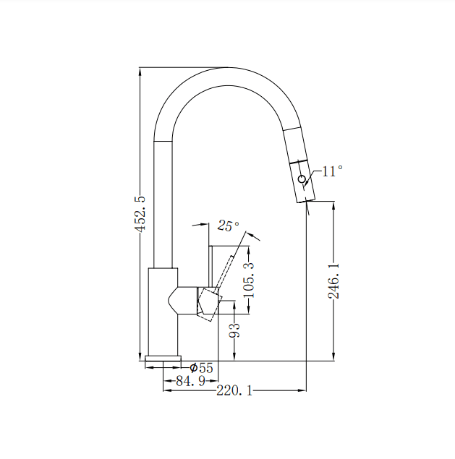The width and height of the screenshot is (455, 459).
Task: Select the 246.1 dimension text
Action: [x=333, y=281]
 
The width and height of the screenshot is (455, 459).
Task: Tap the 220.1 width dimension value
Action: [x=234, y=391]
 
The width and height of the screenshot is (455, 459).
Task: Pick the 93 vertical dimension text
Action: [x=234, y=332]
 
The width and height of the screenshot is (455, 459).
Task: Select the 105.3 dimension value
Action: [x=249, y=281]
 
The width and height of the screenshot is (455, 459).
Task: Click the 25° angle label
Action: [x=228, y=226]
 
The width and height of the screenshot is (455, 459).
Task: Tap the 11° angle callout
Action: [x=332, y=171]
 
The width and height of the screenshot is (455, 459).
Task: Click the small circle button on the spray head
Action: [x=302, y=178]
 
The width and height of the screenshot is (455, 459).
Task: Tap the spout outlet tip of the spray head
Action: [x=307, y=200]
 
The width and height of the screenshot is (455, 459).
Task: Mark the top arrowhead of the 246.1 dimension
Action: [x=333, y=206]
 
